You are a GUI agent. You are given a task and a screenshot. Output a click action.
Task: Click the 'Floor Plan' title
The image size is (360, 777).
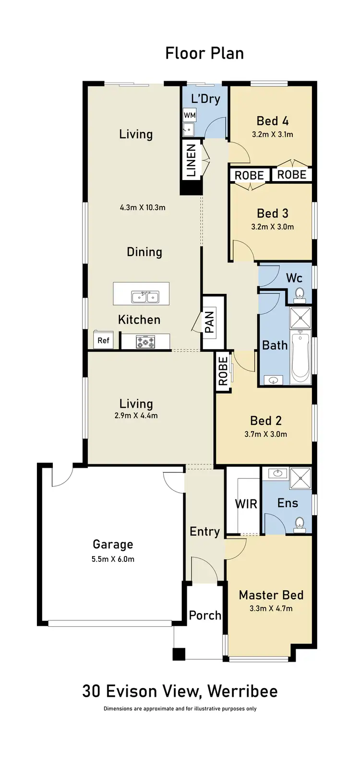(x=204, y=53)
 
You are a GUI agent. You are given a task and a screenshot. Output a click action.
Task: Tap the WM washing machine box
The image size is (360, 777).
(x=190, y=115)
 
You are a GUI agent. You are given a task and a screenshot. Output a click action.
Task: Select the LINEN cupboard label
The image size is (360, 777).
(x=191, y=160)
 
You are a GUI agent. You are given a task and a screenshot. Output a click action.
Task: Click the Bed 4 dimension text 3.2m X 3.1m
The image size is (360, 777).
(x=272, y=134)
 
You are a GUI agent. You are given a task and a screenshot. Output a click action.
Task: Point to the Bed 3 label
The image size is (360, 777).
(x=272, y=213)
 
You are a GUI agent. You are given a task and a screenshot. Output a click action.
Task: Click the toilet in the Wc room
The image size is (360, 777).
(x=300, y=293)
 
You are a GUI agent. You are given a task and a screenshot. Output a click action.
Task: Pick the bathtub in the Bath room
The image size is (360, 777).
(x=300, y=357)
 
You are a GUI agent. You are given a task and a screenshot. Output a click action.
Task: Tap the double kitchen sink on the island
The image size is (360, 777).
(x=145, y=297)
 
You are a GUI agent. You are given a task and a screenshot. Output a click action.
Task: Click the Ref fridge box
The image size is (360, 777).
(x=104, y=340)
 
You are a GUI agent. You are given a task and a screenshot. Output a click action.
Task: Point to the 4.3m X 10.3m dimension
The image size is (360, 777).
(x=143, y=207)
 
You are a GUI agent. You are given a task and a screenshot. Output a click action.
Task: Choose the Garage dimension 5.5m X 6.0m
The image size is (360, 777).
(x=113, y=559)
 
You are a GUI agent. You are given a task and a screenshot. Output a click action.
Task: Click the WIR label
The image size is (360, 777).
(x=246, y=504)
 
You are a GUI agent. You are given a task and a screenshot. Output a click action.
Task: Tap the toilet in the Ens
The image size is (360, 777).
(x=300, y=523)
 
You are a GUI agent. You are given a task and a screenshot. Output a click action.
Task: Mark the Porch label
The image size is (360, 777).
(x=205, y=615)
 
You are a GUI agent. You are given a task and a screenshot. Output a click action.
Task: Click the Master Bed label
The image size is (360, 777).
(x=271, y=595)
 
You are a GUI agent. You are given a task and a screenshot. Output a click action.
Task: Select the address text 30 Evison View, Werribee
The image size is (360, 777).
(x=180, y=691)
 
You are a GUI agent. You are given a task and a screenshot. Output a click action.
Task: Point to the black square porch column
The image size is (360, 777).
(x=179, y=654)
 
